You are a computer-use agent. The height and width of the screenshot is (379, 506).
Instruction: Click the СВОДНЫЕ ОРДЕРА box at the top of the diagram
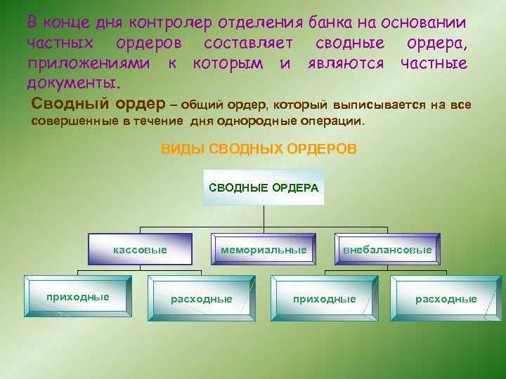(x=264, y=187)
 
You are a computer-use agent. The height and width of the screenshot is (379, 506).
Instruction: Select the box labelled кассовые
(x=141, y=249)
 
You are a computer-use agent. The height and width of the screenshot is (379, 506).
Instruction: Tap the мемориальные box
(x=264, y=249)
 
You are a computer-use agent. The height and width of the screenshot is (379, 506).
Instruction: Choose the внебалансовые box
(x=387, y=250)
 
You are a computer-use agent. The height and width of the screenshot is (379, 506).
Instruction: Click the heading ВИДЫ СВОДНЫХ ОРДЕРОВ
(x=259, y=149)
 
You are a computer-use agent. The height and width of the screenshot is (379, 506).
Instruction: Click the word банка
(x=335, y=22)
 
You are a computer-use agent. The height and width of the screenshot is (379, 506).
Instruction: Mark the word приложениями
(x=88, y=64)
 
